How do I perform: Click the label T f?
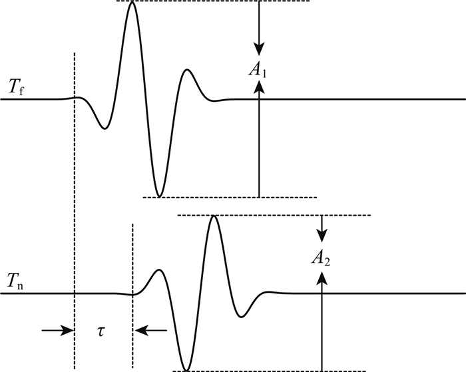point(17,86)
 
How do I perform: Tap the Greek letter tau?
point(103,330)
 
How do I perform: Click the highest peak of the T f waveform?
point(132,3)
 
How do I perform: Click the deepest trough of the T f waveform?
point(158,196)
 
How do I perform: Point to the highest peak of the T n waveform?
point(213,216)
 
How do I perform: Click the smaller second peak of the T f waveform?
point(188,70)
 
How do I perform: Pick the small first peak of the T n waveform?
point(158,270)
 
